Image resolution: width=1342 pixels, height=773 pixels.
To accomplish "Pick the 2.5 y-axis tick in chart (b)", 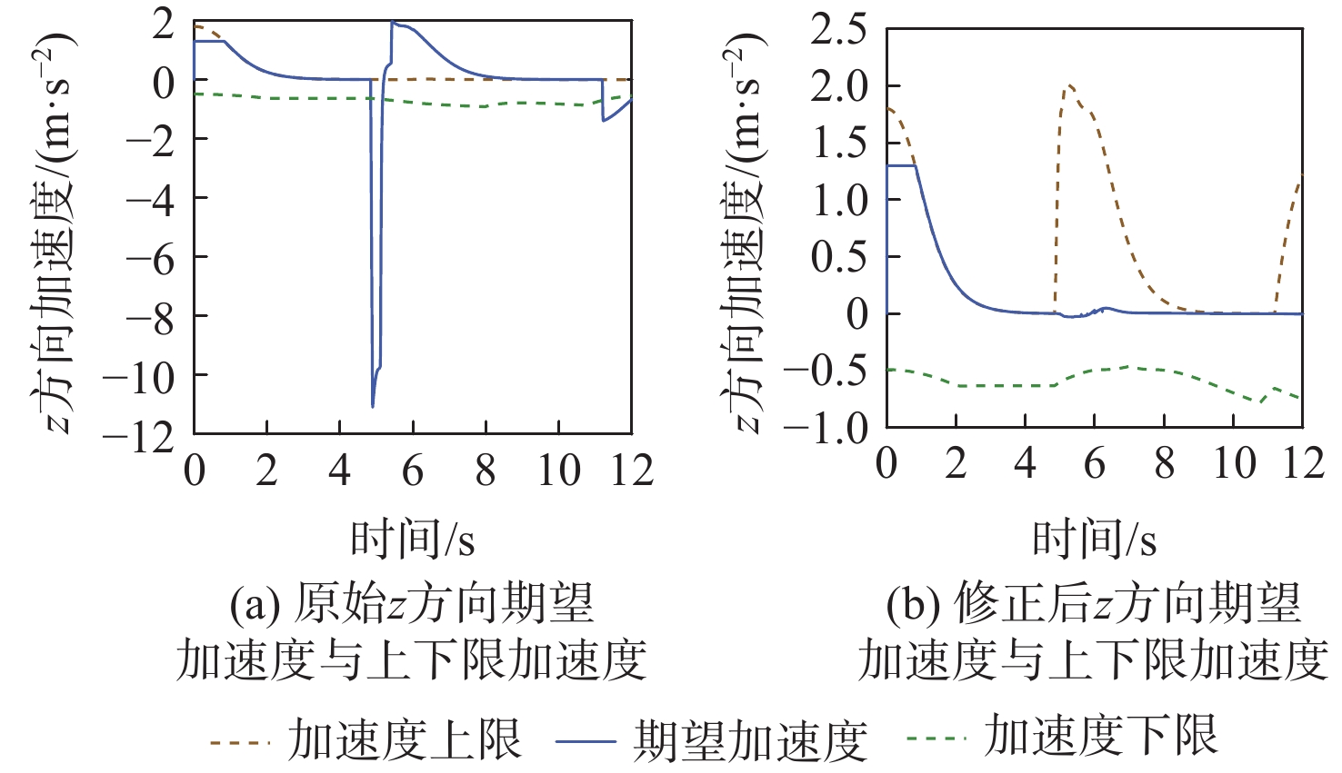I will [838, 30].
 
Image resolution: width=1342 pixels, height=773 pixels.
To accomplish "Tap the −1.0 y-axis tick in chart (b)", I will [826, 427].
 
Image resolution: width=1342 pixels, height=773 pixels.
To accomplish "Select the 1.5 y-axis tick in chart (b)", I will [838, 144].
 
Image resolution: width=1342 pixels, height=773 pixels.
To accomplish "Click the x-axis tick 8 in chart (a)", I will [486, 471].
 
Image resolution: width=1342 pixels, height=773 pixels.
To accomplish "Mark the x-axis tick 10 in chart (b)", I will [1234, 464].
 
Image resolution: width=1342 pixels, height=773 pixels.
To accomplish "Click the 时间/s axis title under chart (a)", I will [412, 540].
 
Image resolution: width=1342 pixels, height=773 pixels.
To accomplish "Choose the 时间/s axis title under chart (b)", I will [1094, 540].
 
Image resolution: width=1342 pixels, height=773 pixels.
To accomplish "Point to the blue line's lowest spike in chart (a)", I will [373, 405].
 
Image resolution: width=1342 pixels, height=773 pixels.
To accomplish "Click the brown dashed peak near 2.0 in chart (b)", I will [1069, 85].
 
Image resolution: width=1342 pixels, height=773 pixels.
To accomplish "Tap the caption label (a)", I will [255, 605].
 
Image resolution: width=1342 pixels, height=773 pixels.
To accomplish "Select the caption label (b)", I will [914, 605].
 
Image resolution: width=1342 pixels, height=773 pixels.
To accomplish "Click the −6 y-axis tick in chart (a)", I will [149, 258].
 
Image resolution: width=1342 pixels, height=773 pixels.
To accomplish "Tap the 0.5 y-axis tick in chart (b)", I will [838, 257].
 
